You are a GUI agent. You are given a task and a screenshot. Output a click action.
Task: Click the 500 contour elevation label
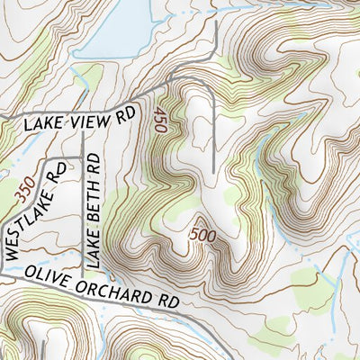(203, 235)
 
